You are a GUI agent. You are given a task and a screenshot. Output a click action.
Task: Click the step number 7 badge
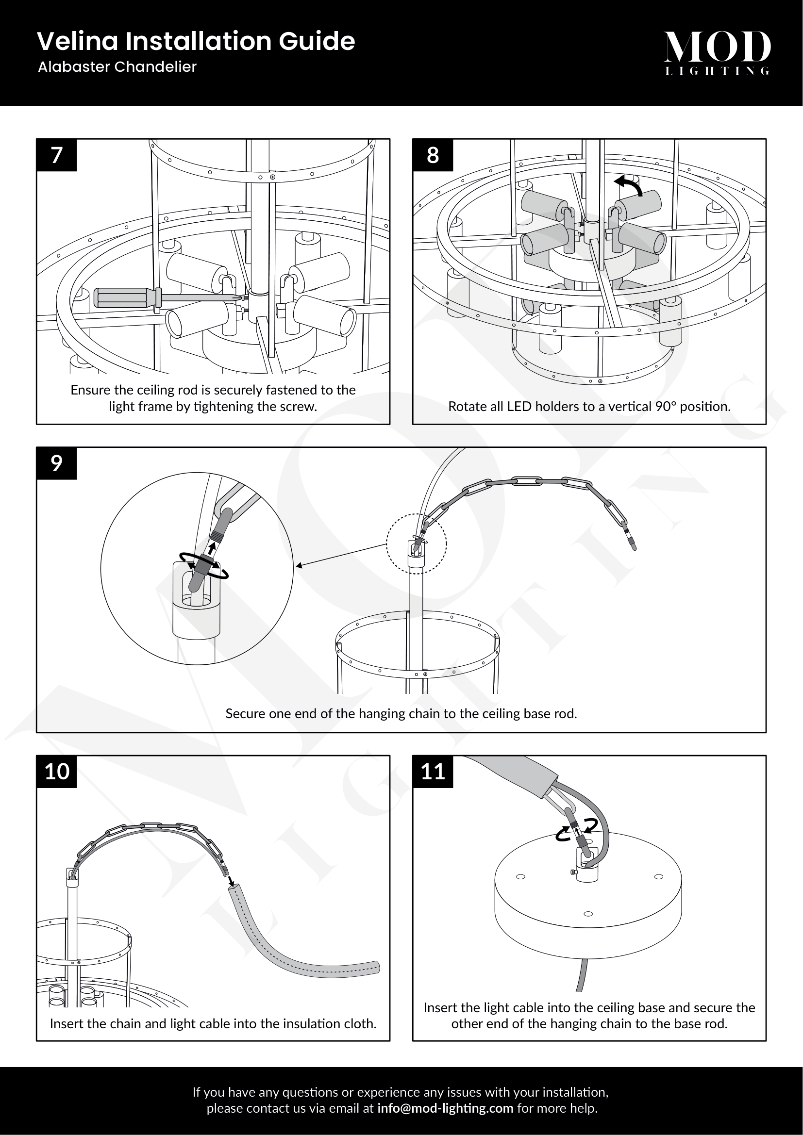pyautogui.click(x=56, y=155)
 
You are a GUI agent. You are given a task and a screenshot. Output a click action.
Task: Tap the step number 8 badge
pyautogui.click(x=433, y=155)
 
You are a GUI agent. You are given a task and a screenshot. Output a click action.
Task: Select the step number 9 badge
pyautogui.click(x=56, y=463)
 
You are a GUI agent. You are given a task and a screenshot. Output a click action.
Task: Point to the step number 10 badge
pyautogui.click(x=56, y=772)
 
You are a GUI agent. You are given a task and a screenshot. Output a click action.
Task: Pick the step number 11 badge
pyautogui.click(x=433, y=772)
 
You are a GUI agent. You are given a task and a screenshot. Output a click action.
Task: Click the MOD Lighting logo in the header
pyautogui.click(x=717, y=52)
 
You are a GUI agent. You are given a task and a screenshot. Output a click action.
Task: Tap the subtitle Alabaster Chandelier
pyautogui.click(x=117, y=67)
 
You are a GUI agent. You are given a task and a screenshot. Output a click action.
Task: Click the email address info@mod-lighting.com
pyautogui.click(x=445, y=1108)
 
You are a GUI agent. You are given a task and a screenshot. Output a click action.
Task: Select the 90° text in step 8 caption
pyautogui.click(x=666, y=406)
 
